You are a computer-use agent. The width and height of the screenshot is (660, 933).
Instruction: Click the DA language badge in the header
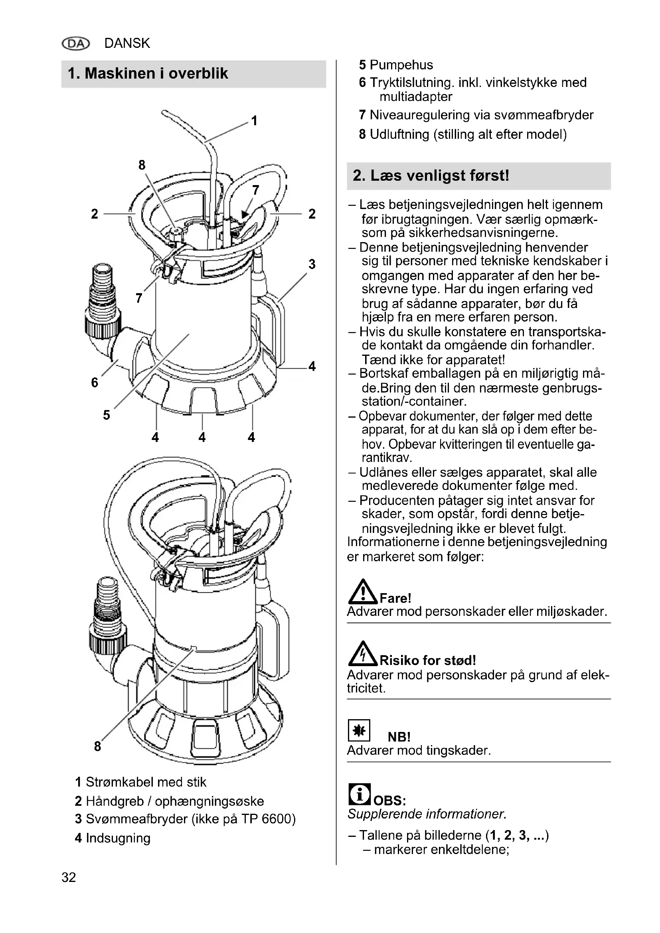coord(75,43)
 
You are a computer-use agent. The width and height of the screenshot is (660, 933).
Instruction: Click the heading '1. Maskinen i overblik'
coord(148,73)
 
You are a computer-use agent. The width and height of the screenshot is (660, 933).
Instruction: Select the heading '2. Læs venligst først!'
coord(431,176)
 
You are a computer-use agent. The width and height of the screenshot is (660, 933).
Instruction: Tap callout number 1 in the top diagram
coord(255,121)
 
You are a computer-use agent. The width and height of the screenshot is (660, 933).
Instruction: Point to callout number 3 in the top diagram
coord(312,264)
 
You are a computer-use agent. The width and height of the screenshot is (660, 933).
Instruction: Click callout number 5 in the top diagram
coord(106,415)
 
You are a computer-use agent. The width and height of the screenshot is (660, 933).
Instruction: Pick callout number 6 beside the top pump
coord(95,383)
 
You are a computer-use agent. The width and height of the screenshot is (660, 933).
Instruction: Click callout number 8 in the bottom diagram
coord(97,746)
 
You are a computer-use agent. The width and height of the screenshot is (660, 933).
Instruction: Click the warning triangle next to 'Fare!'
coord(363,592)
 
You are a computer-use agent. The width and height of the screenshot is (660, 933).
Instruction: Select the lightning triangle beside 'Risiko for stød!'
coord(363,654)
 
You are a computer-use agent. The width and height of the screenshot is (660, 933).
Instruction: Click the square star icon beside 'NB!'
coord(359,730)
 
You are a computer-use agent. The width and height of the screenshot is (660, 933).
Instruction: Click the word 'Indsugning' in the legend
coord(118,838)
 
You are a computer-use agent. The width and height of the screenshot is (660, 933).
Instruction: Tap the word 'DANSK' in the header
coord(127,43)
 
